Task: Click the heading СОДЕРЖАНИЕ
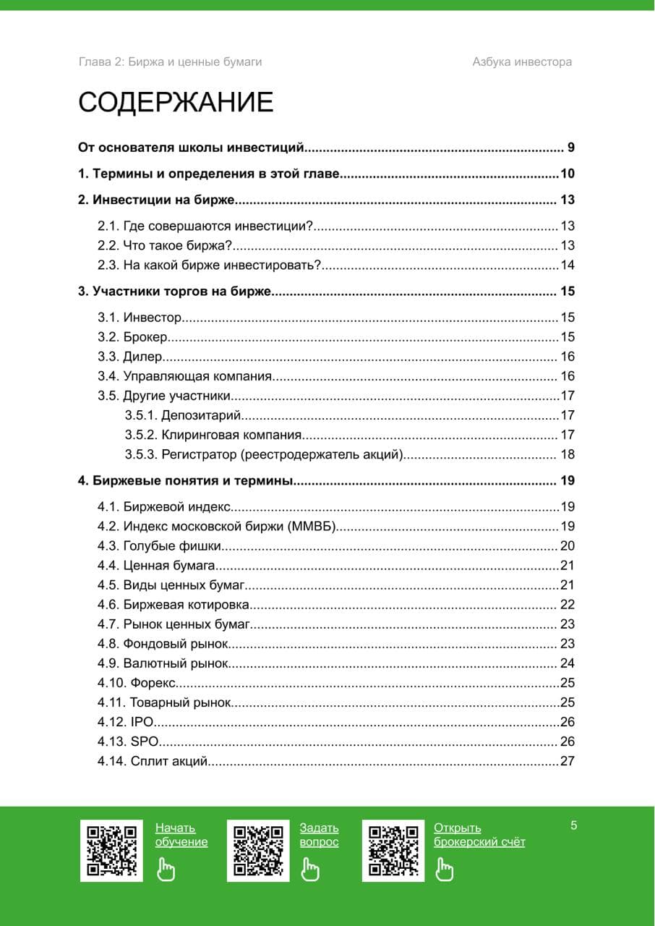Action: pos(176,103)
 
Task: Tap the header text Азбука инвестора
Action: pos(522,61)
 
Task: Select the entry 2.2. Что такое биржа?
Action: pos(165,245)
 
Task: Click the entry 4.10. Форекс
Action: pos(138,683)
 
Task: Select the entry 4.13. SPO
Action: pos(128,742)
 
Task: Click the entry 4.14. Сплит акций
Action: pos(153,761)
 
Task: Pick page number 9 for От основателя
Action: pos(570,148)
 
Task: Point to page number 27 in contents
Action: pos(567,761)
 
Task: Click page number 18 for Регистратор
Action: pos(568,454)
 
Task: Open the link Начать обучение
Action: pos(181,835)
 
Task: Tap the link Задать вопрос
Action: pos(319,835)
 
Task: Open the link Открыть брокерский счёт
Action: pos(479,835)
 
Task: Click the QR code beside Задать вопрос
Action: pos(258,851)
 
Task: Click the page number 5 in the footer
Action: pos(574,825)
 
